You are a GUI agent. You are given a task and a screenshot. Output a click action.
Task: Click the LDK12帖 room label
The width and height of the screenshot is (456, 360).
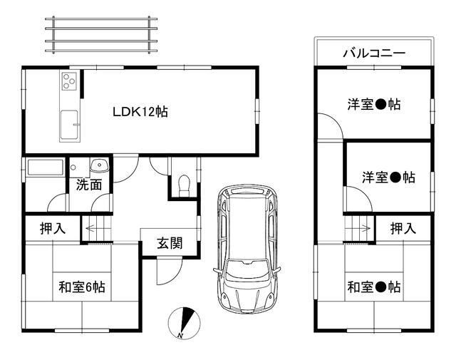[140, 112]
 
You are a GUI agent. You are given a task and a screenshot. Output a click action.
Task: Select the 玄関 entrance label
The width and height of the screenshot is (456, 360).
[170, 243]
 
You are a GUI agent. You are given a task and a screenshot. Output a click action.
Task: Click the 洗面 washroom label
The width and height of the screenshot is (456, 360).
[89, 185]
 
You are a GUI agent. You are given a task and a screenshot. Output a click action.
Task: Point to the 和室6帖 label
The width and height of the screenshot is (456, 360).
[82, 287]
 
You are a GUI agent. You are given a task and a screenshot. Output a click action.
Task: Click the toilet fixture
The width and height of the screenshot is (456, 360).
[184, 185]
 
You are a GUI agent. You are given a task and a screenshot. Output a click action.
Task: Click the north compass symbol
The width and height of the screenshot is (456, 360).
[185, 323]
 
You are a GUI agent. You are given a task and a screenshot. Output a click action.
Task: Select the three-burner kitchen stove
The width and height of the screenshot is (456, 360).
[70, 81]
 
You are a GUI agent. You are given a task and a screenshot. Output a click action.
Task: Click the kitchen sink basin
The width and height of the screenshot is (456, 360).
[69, 125]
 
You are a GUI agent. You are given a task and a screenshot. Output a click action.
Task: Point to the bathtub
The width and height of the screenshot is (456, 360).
[45, 168]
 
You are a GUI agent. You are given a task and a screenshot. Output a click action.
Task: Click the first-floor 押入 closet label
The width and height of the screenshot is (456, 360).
[53, 228]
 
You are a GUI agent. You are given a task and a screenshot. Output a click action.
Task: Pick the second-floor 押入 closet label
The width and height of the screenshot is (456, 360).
[403, 228]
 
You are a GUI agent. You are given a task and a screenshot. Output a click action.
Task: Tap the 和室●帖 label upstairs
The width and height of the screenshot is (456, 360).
[374, 287]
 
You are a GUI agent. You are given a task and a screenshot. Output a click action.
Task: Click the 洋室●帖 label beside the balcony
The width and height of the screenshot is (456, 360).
[374, 104]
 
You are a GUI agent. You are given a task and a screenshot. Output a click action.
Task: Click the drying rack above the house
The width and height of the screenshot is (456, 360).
[101, 35]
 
